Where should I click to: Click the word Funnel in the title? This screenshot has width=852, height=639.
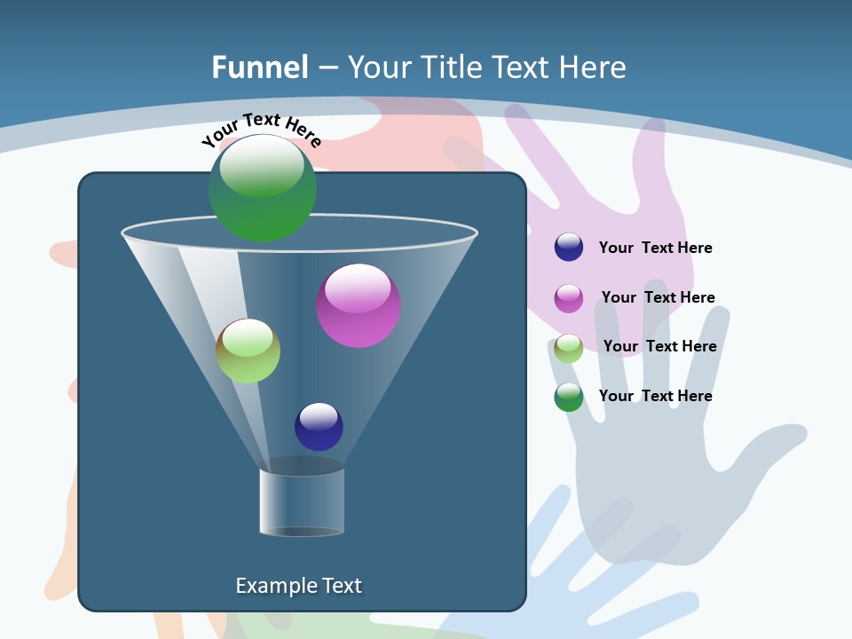click(260, 67)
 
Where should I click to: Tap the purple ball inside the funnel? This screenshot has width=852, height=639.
click(359, 305)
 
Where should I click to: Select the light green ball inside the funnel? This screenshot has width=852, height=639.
click(248, 351)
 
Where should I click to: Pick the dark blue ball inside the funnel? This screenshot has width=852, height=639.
click(319, 427)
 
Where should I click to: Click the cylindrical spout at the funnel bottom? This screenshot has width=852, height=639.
click(302, 501)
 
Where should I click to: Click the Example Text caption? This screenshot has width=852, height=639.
click(298, 586)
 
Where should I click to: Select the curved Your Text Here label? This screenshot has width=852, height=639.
click(261, 129)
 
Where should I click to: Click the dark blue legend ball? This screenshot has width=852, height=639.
click(569, 247)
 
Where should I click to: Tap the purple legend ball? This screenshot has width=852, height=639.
click(569, 298)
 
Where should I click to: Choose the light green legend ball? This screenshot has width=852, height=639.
click(569, 348)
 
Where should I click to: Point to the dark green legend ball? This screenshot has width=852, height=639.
click(569, 397)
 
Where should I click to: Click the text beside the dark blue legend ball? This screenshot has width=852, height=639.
click(655, 248)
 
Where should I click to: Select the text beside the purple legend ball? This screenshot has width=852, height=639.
click(658, 298)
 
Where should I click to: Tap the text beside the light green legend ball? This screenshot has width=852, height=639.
click(659, 347)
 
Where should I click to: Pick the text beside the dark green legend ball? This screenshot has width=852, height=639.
click(655, 396)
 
